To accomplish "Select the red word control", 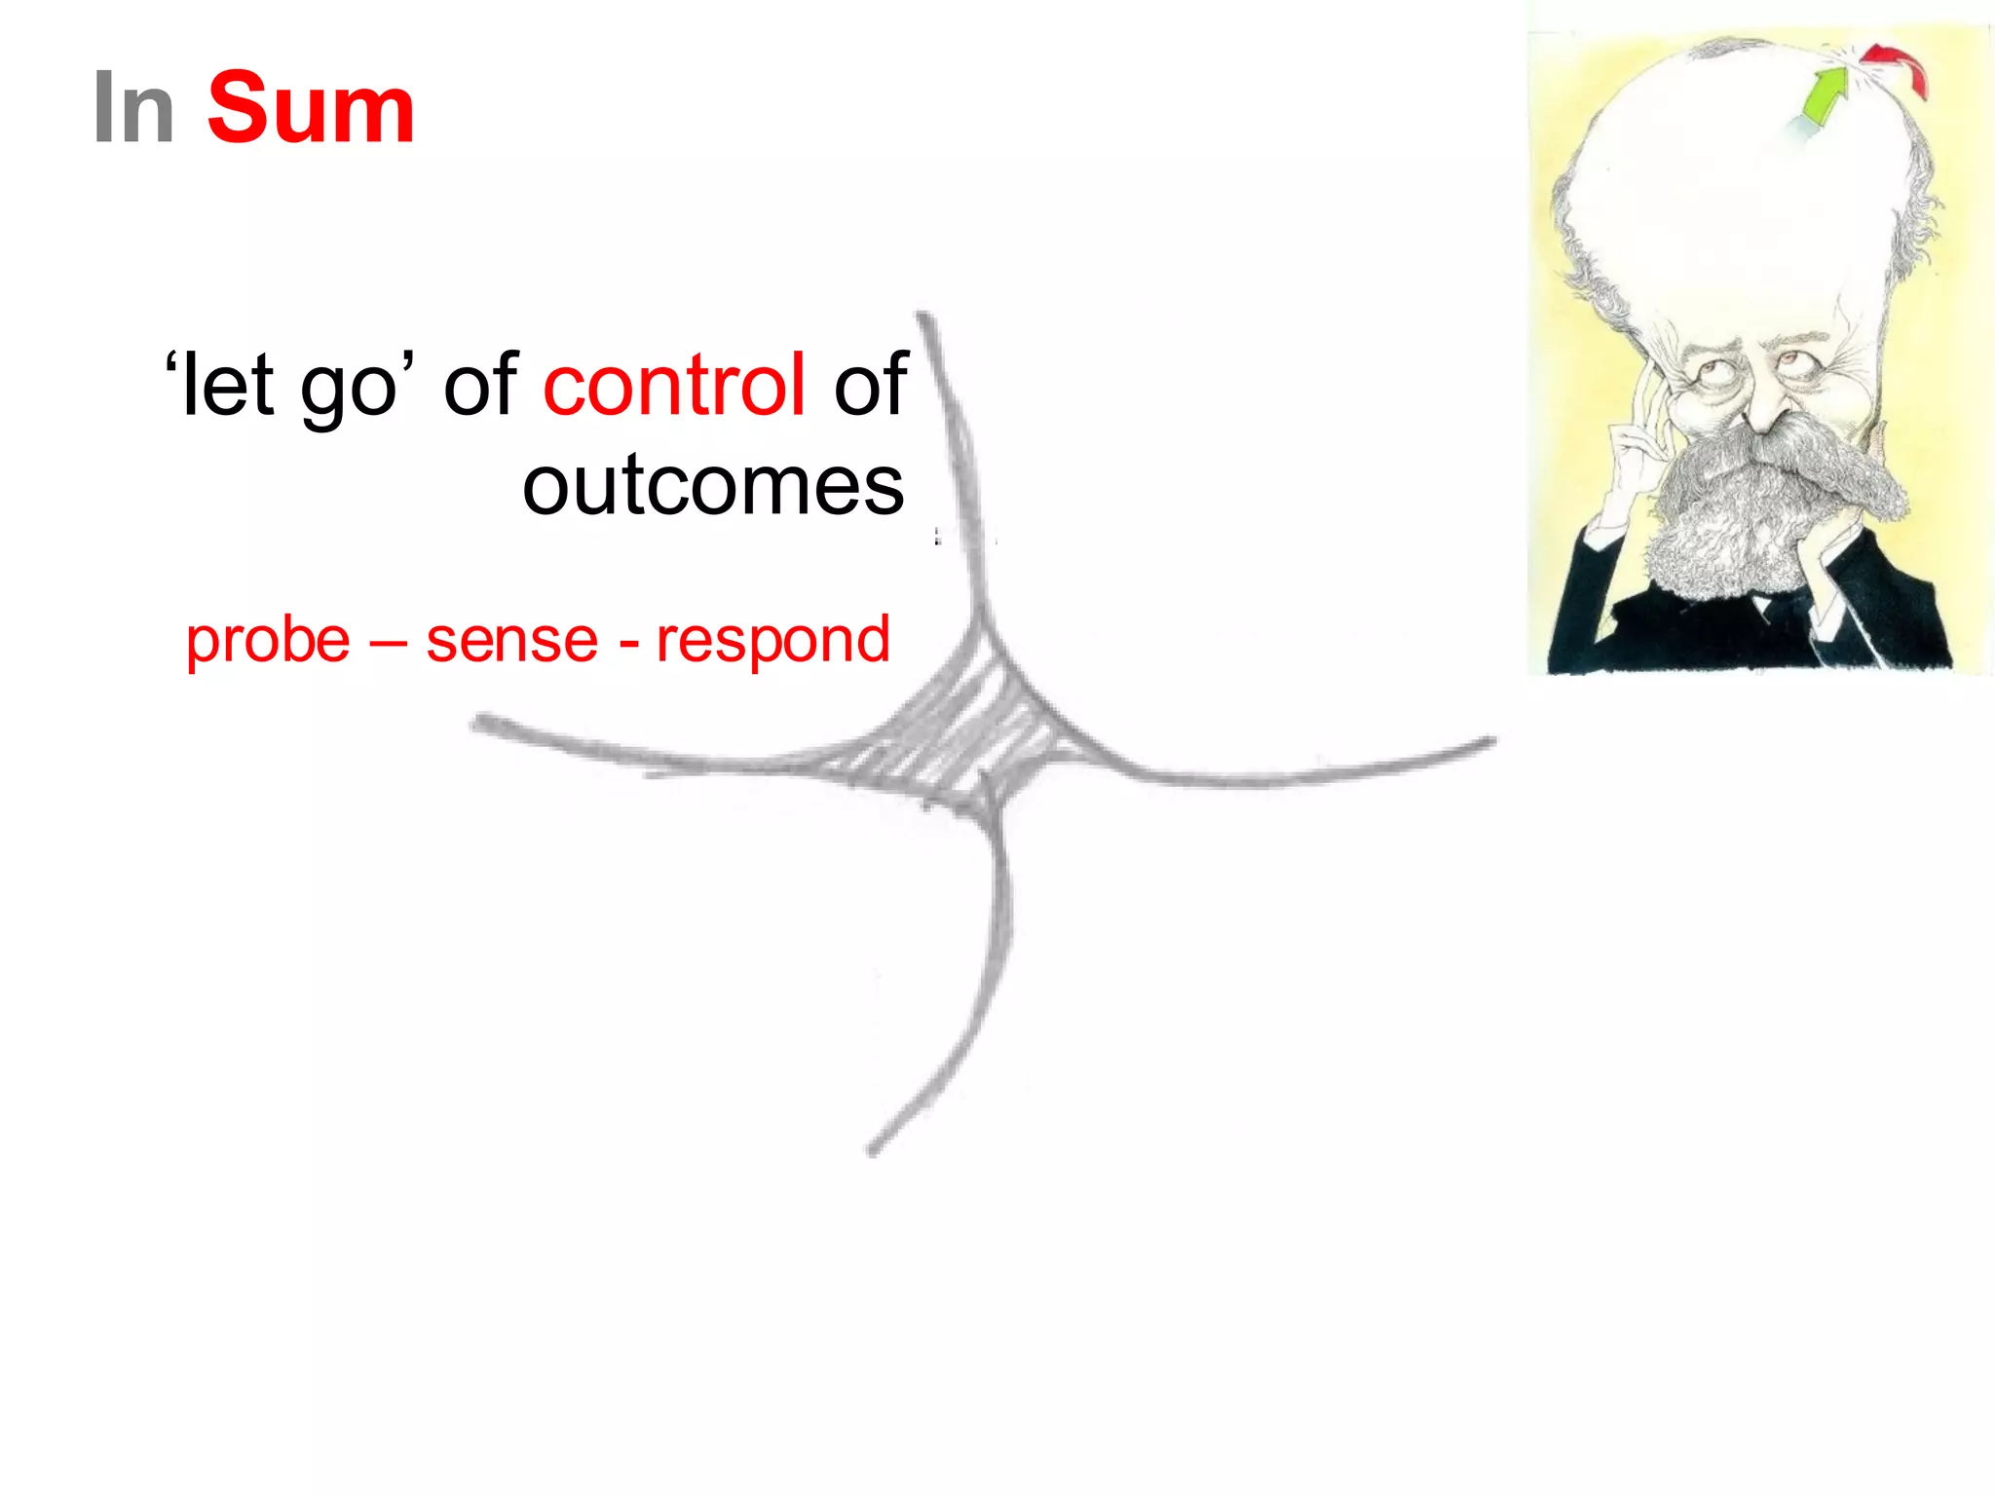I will (x=674, y=385).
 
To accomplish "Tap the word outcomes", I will (x=713, y=485).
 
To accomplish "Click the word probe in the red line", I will (x=268, y=640).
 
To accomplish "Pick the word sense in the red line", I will (x=511, y=640).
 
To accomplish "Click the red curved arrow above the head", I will (x=1898, y=64).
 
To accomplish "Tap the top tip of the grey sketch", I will (x=922, y=318).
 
